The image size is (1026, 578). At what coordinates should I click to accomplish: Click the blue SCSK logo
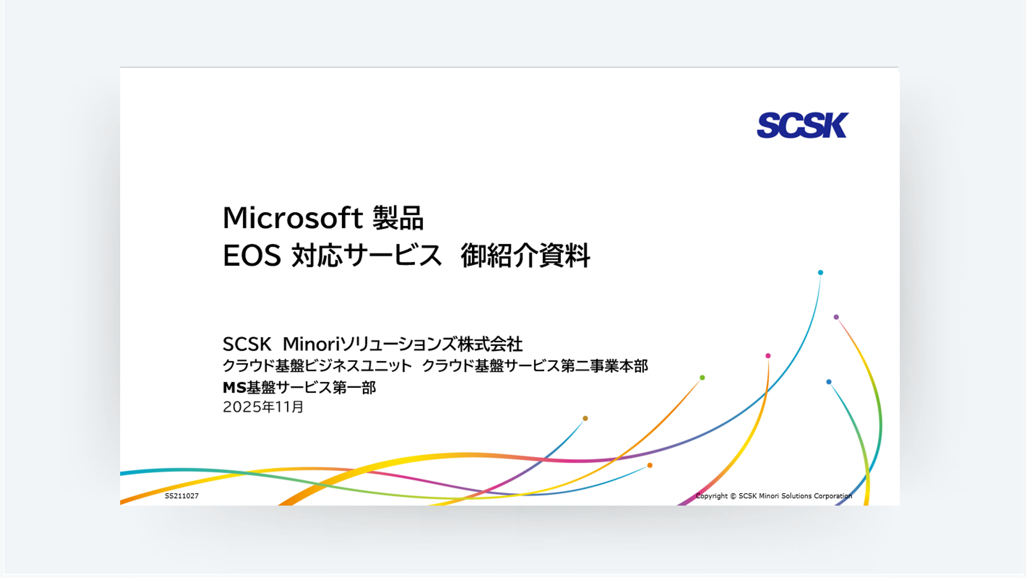click(x=802, y=125)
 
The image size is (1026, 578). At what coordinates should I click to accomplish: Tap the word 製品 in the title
click(x=398, y=218)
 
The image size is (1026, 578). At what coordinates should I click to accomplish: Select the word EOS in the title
click(x=252, y=255)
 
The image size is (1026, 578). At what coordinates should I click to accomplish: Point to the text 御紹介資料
click(x=525, y=255)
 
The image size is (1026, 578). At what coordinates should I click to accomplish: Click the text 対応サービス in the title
click(x=367, y=255)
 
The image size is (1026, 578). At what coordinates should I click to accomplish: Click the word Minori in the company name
click(x=311, y=344)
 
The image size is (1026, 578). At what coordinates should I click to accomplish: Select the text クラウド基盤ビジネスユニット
click(x=317, y=366)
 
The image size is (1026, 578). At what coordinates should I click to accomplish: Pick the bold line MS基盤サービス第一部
click(x=299, y=387)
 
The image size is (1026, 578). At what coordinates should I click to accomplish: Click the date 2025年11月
click(x=263, y=407)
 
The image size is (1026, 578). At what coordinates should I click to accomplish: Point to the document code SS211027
click(x=181, y=496)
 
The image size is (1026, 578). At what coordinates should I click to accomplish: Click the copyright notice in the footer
click(x=773, y=496)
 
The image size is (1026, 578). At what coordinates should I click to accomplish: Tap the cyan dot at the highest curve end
click(x=820, y=272)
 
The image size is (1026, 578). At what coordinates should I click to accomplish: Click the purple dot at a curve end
click(x=836, y=317)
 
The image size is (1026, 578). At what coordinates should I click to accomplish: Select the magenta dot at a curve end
click(x=768, y=356)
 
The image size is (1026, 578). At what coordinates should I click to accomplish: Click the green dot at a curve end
click(x=702, y=378)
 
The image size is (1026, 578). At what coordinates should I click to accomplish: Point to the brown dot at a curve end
click(x=585, y=418)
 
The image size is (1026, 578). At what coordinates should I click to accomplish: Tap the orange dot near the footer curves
click(x=650, y=465)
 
